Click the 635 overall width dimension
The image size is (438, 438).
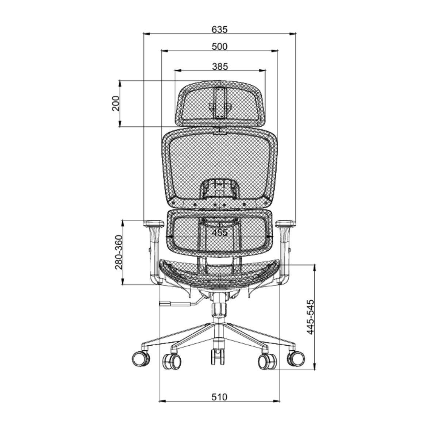coord(219,30)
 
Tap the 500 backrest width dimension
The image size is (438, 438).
coord(219,47)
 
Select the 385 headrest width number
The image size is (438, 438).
coord(220,66)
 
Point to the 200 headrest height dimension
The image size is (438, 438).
coord(116,103)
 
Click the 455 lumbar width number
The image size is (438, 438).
coord(220,233)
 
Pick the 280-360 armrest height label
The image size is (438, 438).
coord(119,252)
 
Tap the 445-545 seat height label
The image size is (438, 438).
coord(310,317)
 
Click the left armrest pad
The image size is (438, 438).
coord(154,224)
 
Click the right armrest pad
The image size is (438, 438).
coord(286,224)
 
